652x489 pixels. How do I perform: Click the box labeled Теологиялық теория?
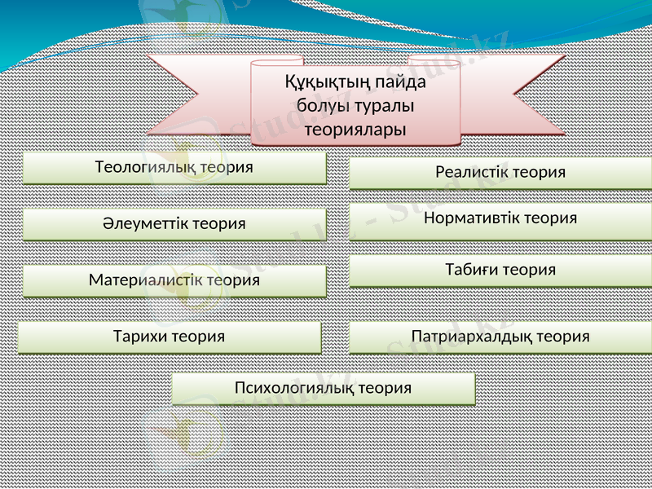(x=174, y=168)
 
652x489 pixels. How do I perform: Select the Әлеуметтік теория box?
(x=174, y=223)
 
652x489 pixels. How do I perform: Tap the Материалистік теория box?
(x=174, y=280)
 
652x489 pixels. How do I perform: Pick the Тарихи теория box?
(x=170, y=337)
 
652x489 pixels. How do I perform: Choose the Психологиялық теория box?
(x=323, y=389)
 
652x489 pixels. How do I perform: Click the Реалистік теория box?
(x=500, y=173)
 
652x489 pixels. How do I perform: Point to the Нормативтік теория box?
(x=500, y=218)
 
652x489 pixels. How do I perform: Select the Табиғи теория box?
(x=500, y=270)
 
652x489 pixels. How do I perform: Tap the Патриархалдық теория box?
(x=500, y=337)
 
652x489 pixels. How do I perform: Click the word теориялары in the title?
(x=356, y=129)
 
